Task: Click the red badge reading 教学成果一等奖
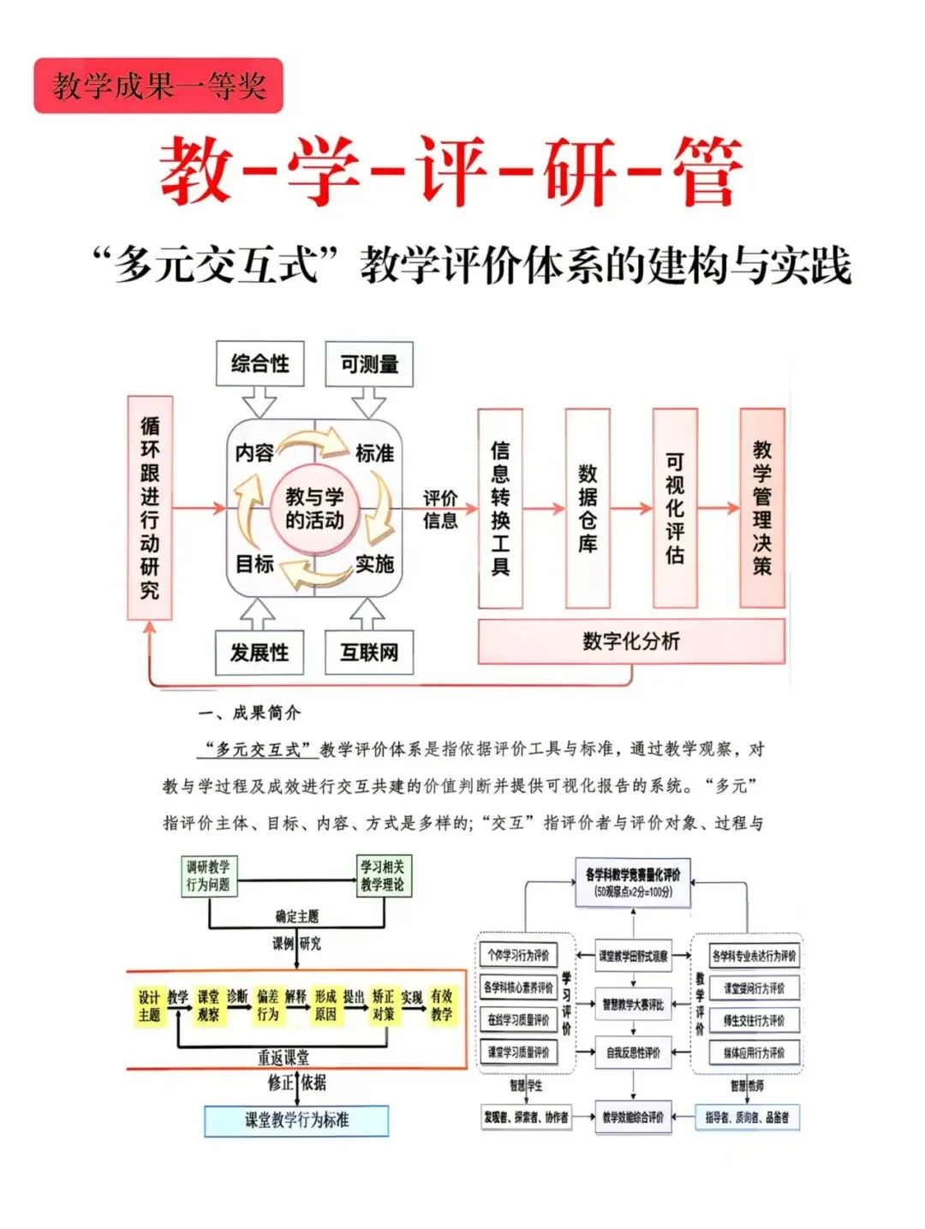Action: coord(158,86)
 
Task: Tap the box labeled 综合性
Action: coord(260,364)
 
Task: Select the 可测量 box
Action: coord(369,364)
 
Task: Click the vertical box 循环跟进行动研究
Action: coord(150,507)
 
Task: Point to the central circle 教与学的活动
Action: coord(314,508)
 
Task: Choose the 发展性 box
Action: coord(260,653)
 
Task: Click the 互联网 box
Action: coord(369,653)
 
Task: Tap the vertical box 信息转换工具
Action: coord(500,508)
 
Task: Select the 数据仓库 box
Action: coord(588,508)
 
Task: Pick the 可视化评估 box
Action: coord(675,508)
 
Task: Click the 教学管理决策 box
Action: coord(762,508)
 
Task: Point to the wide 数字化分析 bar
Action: coord(631,641)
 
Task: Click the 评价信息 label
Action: coord(440,509)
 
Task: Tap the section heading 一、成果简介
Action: coord(249,713)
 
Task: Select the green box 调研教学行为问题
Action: coord(208,875)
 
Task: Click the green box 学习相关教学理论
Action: coord(382,875)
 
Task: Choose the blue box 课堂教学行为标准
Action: coord(296,1120)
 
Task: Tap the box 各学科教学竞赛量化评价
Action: coord(633,882)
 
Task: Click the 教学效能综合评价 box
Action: coord(633,1117)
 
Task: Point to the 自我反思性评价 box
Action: coord(633,1053)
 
